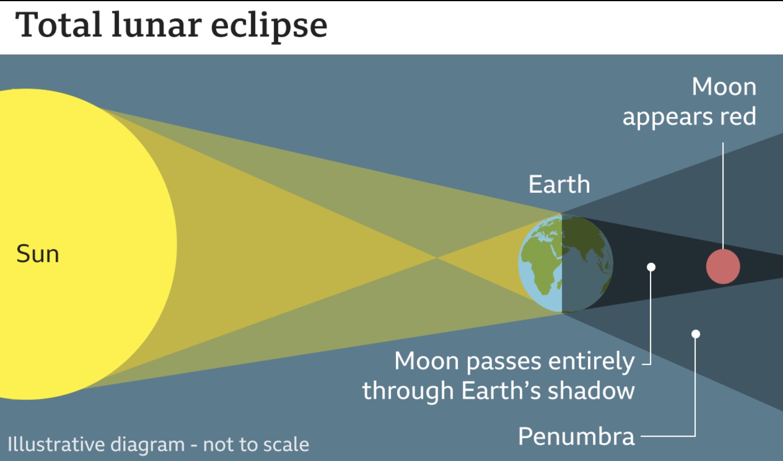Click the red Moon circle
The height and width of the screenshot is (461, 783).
(x=723, y=267)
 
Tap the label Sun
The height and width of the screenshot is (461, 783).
(x=38, y=254)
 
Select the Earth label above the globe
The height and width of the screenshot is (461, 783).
(x=559, y=184)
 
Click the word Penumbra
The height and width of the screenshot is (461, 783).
(x=576, y=437)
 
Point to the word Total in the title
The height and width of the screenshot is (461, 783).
(x=58, y=25)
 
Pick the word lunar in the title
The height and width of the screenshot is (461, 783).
(x=156, y=25)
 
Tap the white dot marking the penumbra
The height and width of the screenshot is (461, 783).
(x=695, y=334)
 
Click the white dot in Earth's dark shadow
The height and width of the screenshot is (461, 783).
(x=651, y=267)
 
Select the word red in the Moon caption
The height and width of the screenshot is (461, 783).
(x=738, y=116)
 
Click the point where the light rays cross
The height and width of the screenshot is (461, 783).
(x=436, y=258)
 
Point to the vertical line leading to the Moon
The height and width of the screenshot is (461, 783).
(x=723, y=196)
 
